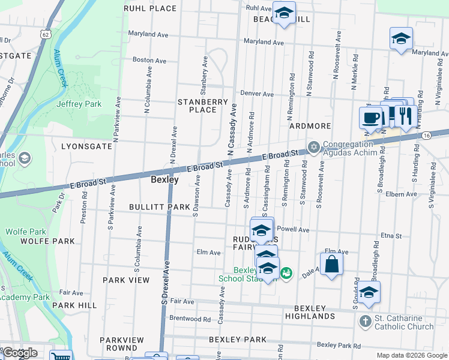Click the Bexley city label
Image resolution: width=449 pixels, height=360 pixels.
[x=164, y=179]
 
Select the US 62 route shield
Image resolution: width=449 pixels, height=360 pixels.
[x=46, y=34]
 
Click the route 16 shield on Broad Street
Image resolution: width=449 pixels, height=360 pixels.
[x=426, y=136]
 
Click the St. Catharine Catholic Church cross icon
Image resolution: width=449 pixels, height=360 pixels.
[x=365, y=322]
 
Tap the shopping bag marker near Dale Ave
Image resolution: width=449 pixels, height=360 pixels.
[x=331, y=264]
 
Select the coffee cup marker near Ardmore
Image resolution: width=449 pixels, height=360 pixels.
[x=370, y=116]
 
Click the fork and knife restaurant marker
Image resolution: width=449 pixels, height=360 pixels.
[x=405, y=116]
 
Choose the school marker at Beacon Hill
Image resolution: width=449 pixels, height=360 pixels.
[x=283, y=12]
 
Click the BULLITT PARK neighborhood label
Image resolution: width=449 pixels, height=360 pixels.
[x=159, y=207]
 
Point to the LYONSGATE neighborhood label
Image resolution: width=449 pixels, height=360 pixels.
[x=86, y=146]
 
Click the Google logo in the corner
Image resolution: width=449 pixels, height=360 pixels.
[x=19, y=353]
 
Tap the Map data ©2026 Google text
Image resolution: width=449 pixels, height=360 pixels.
[x=411, y=355]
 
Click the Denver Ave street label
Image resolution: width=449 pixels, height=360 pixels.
[x=257, y=94]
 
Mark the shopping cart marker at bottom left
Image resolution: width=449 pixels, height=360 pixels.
[x=61, y=356]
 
